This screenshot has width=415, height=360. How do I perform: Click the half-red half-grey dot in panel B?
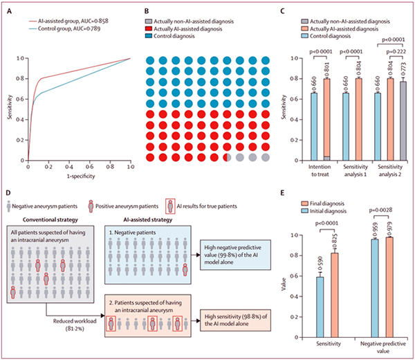[228, 158]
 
